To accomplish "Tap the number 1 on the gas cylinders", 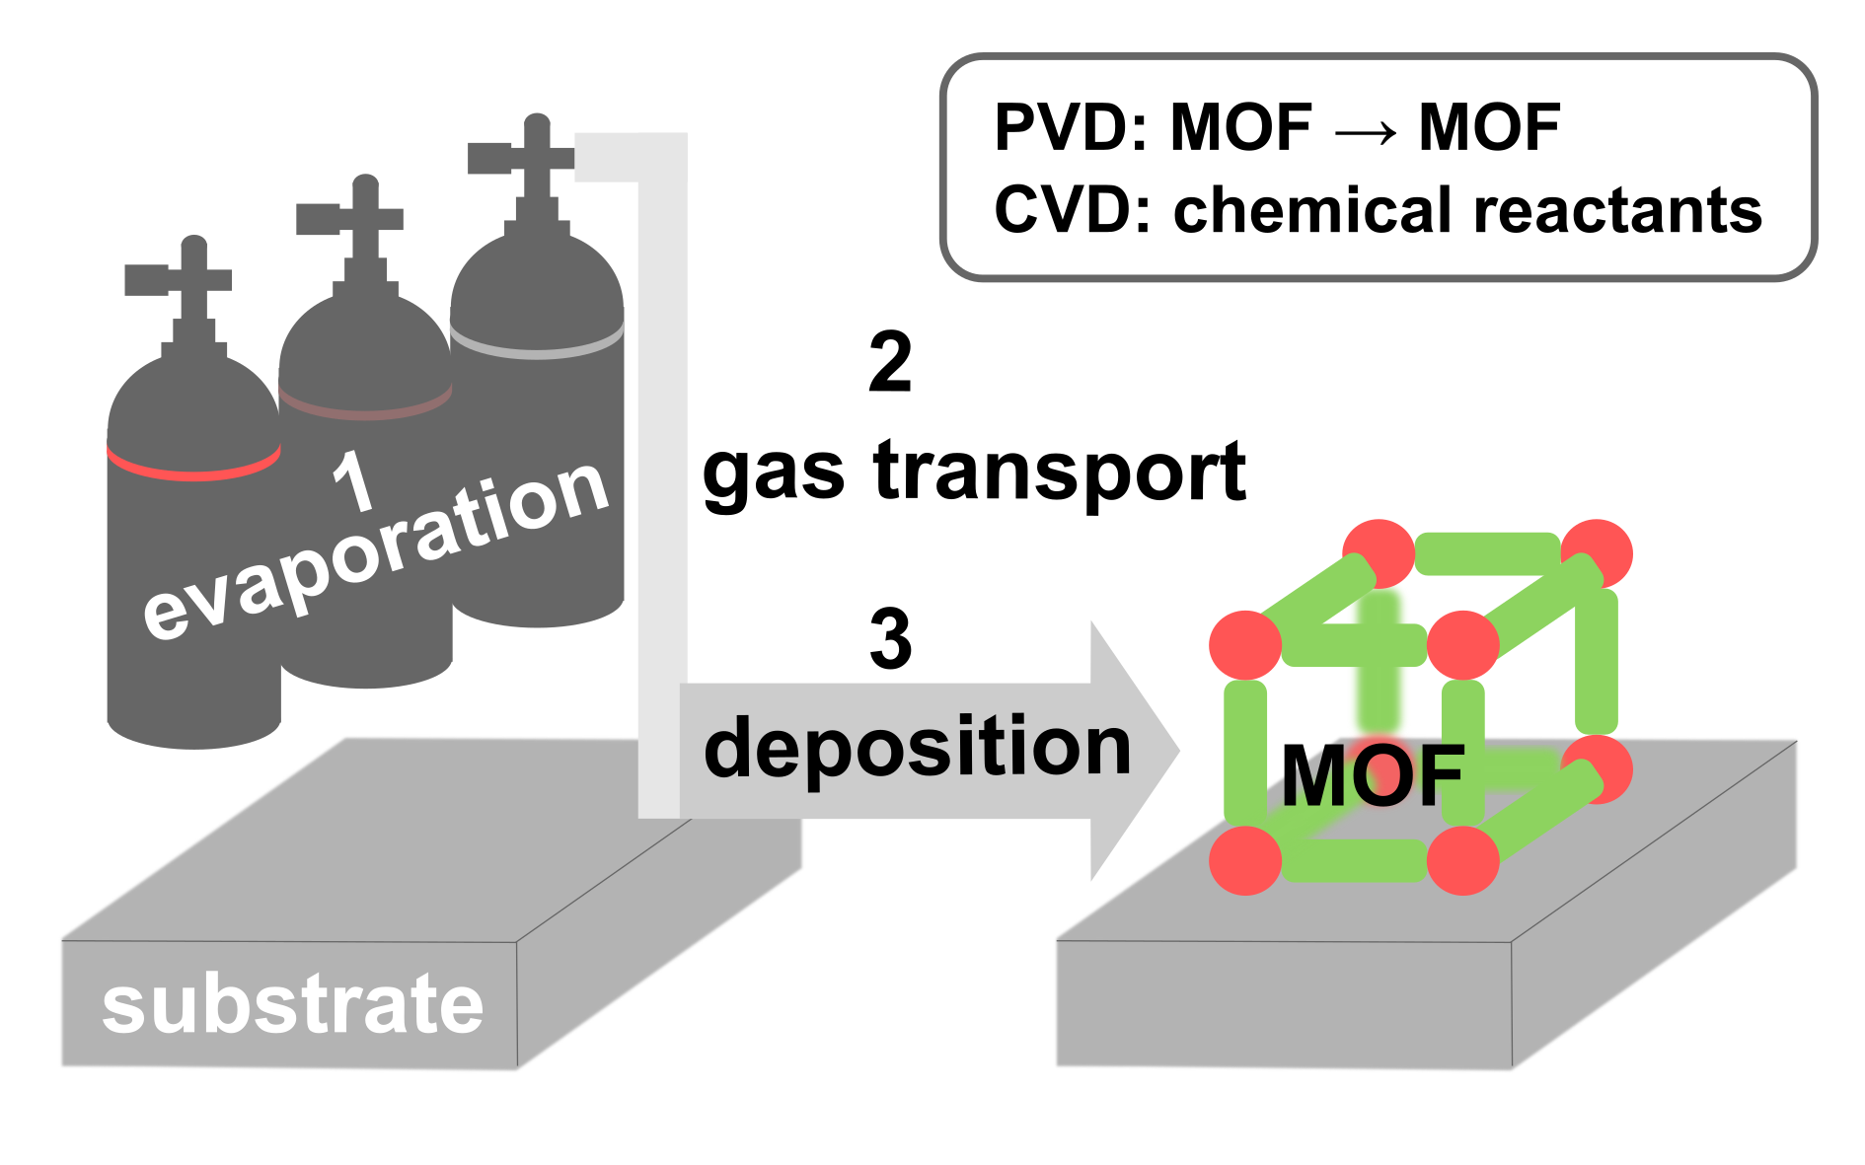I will pos(351,480).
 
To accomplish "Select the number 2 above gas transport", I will pos(889,363).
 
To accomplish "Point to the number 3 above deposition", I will pos(889,639).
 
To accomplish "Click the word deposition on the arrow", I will pos(917,748).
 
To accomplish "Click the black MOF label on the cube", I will pos(1372,776).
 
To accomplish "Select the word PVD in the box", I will pos(1062,127).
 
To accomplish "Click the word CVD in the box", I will pos(1062,210).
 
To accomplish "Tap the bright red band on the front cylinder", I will pos(193,465).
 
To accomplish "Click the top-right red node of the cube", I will pos(1596,553).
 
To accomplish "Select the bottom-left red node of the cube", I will pos(1245,860).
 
